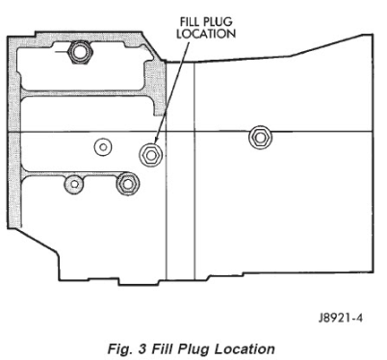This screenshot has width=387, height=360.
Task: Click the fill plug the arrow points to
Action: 150,155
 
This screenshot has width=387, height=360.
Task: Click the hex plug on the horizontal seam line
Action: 260,138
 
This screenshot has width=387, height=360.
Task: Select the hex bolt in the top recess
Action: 80,52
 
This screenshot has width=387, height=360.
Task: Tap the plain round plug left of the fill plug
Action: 103,147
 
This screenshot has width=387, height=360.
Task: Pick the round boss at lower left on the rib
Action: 74,185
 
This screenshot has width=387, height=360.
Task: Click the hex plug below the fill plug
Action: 127,184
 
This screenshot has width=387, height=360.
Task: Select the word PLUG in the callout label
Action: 219,22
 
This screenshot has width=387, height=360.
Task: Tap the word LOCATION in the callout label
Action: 206,34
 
